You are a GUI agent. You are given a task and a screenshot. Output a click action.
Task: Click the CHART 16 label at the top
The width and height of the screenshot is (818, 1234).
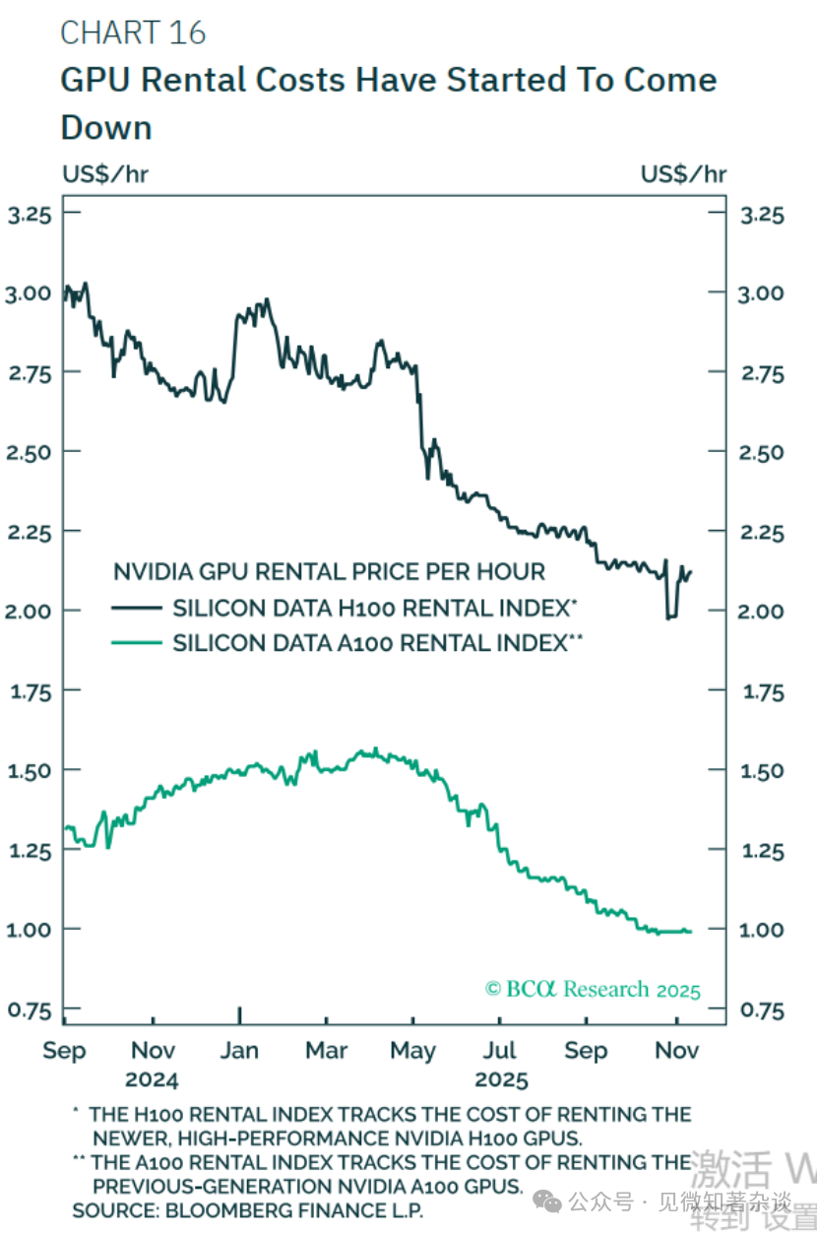[133, 33]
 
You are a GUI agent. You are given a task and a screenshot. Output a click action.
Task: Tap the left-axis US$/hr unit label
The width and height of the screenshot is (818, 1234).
[105, 174]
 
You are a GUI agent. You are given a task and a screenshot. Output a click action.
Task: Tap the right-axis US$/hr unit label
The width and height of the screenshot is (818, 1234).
[683, 174]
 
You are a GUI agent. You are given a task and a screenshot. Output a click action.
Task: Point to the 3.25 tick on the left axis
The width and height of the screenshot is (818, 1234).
[30, 214]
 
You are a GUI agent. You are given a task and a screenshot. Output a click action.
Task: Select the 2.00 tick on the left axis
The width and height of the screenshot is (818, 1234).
[30, 611]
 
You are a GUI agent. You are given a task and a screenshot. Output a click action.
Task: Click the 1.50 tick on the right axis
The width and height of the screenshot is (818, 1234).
[761, 770]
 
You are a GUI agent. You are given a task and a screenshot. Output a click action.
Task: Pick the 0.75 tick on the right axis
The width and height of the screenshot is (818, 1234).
[761, 1009]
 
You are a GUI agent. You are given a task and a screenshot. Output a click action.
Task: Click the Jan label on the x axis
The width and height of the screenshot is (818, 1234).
[239, 1051]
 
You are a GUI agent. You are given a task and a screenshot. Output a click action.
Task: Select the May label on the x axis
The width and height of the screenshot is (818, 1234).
[412, 1051]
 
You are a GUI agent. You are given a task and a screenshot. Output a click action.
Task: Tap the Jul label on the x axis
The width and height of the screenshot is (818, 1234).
[500, 1051]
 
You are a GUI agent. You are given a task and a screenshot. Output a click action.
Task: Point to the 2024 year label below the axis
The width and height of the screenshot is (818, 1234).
[152, 1079]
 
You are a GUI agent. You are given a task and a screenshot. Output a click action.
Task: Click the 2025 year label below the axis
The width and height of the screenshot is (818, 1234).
[501, 1079]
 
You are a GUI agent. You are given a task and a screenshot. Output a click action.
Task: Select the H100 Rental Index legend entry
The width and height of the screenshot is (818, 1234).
[374, 608]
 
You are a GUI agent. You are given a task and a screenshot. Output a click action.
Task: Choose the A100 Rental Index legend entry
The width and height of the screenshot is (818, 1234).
[379, 643]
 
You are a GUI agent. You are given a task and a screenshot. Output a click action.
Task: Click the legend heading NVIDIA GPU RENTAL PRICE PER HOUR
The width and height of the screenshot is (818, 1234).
[329, 571]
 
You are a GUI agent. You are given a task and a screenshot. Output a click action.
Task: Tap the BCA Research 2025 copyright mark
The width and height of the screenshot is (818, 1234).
[593, 989]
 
